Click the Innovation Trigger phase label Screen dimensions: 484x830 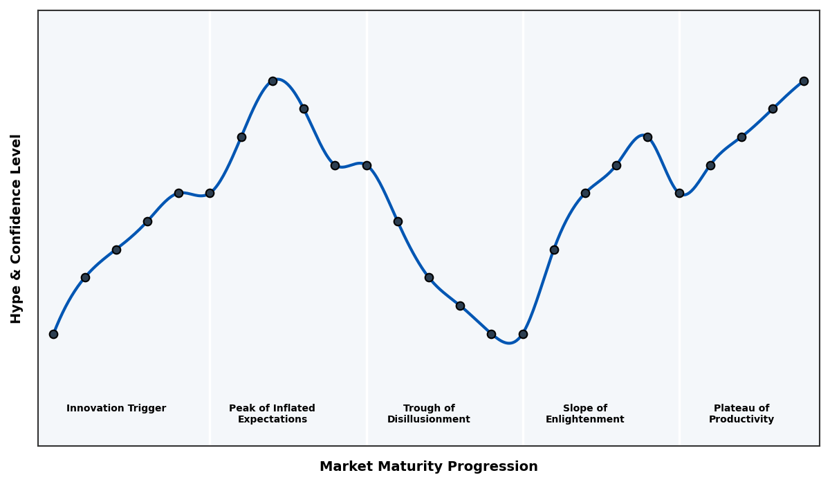[x=116, y=409]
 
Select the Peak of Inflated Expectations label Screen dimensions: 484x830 [x=272, y=413]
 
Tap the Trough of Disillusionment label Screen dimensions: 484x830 [x=428, y=413]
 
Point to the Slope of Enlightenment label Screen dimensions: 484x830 [x=584, y=413]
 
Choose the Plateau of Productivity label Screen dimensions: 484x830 [x=741, y=413]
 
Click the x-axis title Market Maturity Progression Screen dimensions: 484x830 [x=428, y=467]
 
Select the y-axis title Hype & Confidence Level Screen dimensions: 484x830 [x=17, y=228]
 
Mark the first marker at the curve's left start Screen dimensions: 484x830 [x=53, y=334]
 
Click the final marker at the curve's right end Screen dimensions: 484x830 [x=804, y=81]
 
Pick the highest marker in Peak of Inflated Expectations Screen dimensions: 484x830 [x=273, y=81]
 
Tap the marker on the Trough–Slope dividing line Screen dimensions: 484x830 [x=523, y=334]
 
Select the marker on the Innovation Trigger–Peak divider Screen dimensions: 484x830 [x=210, y=193]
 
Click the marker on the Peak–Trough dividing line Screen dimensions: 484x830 [x=367, y=165]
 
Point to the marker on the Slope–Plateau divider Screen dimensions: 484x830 [x=679, y=193]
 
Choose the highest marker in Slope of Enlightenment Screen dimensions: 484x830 [x=647, y=137]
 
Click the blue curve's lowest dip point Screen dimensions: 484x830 [x=509, y=342]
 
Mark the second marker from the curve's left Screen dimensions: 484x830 [x=85, y=277]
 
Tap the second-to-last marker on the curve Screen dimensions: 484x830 [x=773, y=109]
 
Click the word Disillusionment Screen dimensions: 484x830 [x=428, y=420]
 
